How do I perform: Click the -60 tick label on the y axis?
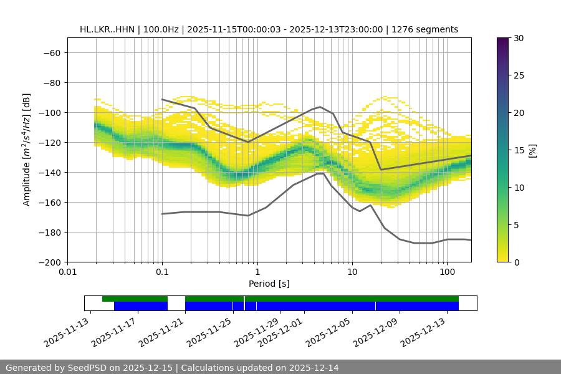51,52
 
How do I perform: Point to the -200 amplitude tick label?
49,262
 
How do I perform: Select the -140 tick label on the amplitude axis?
49,172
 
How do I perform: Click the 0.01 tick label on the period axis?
67,272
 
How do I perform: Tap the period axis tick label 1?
257,272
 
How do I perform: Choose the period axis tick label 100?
447,272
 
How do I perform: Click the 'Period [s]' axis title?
269,284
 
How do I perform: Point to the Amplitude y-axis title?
27,150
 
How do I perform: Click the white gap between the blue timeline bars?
176,305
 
